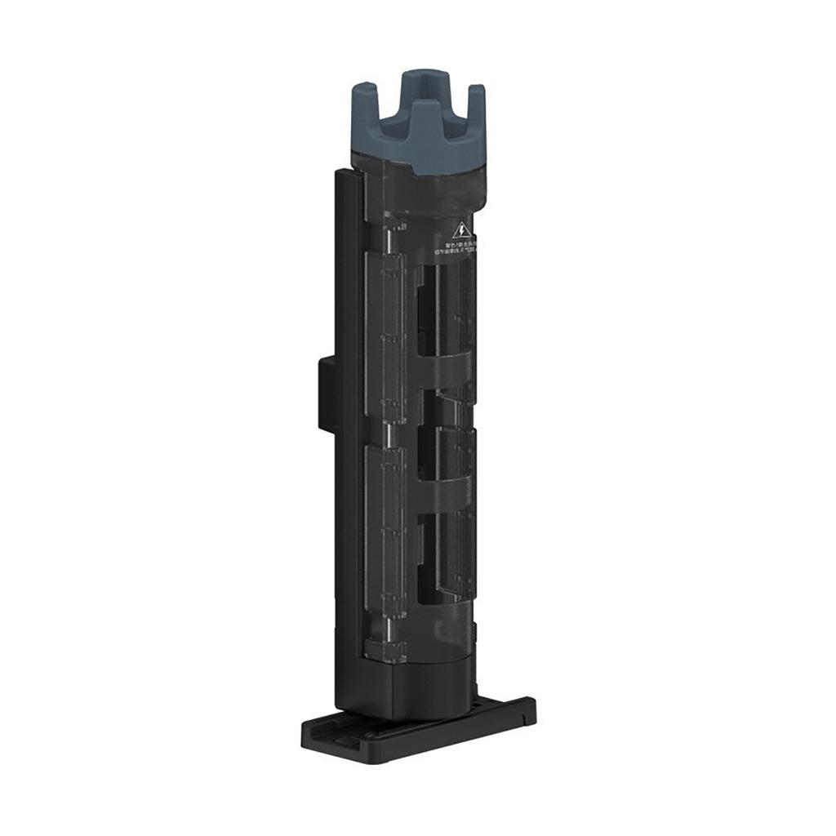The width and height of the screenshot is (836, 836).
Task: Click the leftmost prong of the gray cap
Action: (364, 106)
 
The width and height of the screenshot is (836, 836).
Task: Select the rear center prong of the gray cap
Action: (417, 86)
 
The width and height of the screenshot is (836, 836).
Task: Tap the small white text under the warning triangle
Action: (459, 247)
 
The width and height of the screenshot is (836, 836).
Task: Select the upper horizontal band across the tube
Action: (445, 371)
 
